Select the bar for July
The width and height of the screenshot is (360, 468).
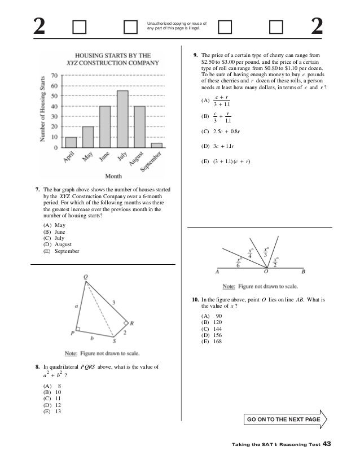click(x=122, y=119)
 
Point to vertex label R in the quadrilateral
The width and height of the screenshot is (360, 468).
click(x=131, y=323)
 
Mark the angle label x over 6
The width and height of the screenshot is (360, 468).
click(x=239, y=261)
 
